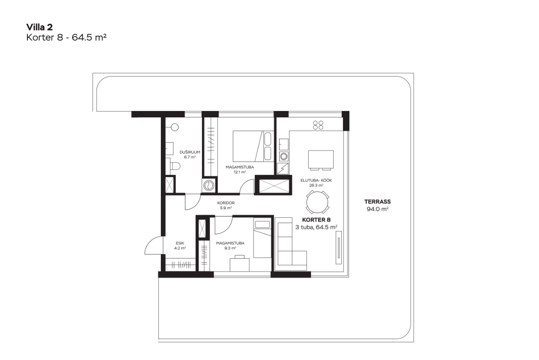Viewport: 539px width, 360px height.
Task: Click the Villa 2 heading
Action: coord(40,27)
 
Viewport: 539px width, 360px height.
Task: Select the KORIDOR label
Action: coord(226,203)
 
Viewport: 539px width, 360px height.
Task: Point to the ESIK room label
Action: coord(180,243)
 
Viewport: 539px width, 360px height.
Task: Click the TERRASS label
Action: coord(377,202)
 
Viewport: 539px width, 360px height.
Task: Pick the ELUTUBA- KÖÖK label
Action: coord(316,180)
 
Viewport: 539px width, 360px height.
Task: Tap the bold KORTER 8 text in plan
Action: coord(316,220)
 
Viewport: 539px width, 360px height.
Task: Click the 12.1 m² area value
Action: coord(240,172)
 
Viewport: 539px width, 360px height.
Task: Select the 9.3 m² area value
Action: coord(230,248)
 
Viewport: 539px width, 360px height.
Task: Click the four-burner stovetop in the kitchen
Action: coord(318,125)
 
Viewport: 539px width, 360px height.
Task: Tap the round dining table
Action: coord(317,202)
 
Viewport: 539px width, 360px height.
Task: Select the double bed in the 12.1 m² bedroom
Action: coord(253,146)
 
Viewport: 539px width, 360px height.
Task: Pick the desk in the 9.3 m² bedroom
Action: coord(240,264)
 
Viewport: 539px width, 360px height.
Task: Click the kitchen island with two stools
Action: coord(321,160)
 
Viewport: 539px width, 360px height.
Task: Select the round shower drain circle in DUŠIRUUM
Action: coord(174,127)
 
